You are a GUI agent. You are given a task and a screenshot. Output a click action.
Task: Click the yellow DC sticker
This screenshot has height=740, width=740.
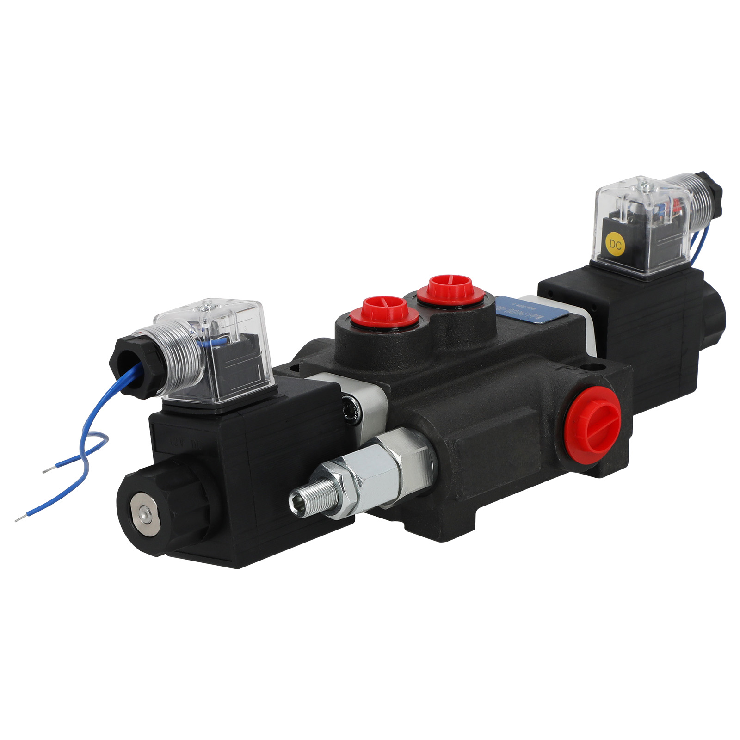[615, 244]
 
